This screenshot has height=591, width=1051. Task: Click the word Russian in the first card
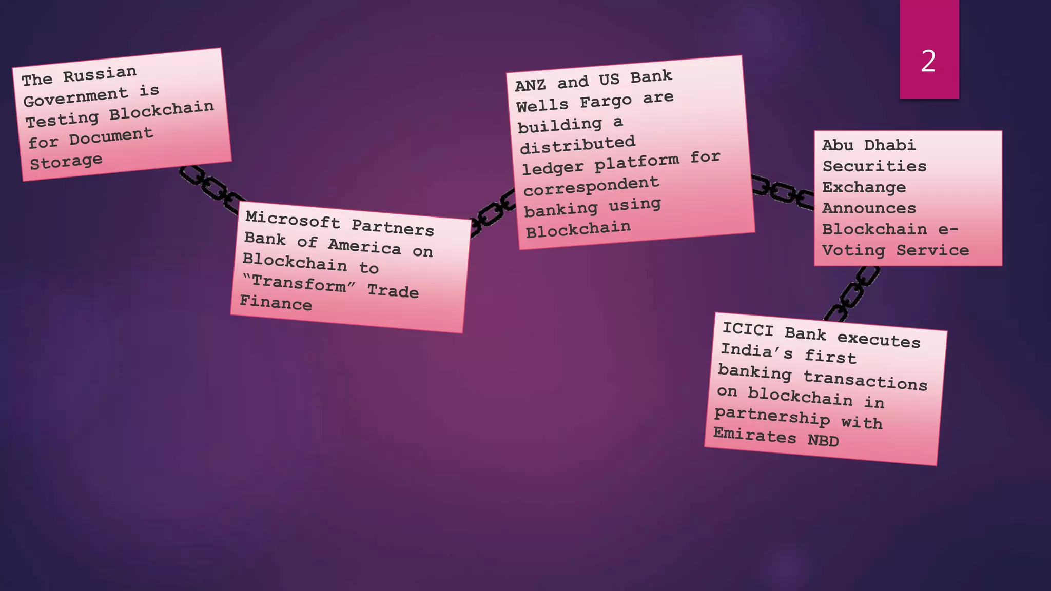tap(100, 74)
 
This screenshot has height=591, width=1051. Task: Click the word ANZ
tap(530, 85)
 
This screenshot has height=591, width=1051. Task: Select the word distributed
tap(577, 145)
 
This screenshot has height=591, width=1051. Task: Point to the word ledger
tap(553, 168)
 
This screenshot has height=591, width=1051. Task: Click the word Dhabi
tap(889, 145)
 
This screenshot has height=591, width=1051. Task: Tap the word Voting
tap(853, 250)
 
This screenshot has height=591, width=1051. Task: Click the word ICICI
tap(747, 329)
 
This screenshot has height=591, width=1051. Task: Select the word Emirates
tap(754, 435)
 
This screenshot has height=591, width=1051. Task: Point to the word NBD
tap(823, 440)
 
